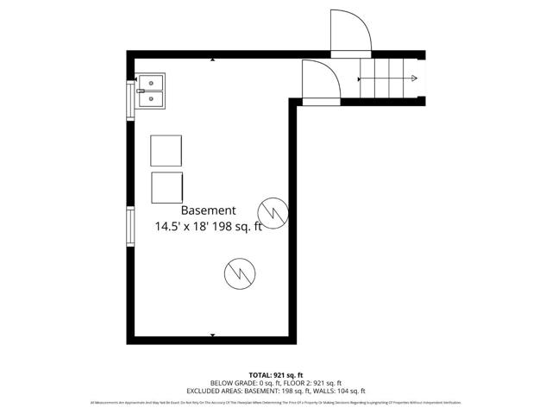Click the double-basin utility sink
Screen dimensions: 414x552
click(x=152, y=91)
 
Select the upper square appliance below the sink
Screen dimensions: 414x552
click(x=166, y=151)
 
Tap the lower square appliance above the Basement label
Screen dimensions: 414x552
click(x=166, y=187)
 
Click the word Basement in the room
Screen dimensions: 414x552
click(x=208, y=210)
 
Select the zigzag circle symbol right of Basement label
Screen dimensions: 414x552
click(x=272, y=210)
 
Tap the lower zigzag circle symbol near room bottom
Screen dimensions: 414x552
click(x=237, y=273)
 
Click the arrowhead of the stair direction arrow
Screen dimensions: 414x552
click(x=415, y=79)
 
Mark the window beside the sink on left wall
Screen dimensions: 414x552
click(x=131, y=97)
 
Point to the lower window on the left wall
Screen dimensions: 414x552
click(x=130, y=227)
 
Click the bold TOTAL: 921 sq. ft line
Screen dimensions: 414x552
click(x=276, y=374)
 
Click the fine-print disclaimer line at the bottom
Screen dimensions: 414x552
click(x=276, y=403)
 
